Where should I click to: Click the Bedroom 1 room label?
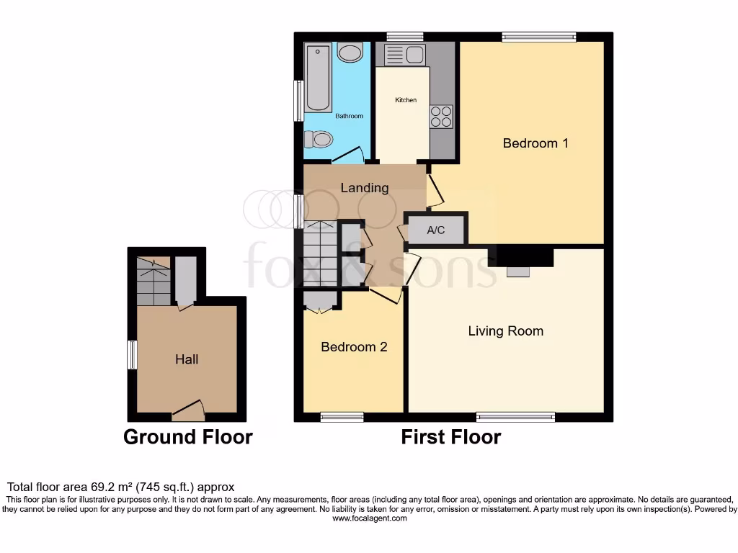(535, 143)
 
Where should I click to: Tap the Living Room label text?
(505, 331)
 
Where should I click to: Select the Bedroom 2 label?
(354, 347)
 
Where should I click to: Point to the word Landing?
(365, 188)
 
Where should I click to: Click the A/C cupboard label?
(436, 230)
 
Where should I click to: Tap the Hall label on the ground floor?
(187, 359)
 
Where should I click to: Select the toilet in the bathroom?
(318, 138)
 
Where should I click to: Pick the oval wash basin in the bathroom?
(351, 53)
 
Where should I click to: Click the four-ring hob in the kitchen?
(441, 117)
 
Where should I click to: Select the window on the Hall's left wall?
(132, 355)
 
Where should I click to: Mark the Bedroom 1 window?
(539, 37)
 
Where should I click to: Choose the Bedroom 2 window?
(342, 416)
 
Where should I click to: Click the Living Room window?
(515, 416)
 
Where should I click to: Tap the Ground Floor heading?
(188, 437)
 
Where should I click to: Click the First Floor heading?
(451, 437)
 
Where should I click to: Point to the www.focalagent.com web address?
(369, 518)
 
